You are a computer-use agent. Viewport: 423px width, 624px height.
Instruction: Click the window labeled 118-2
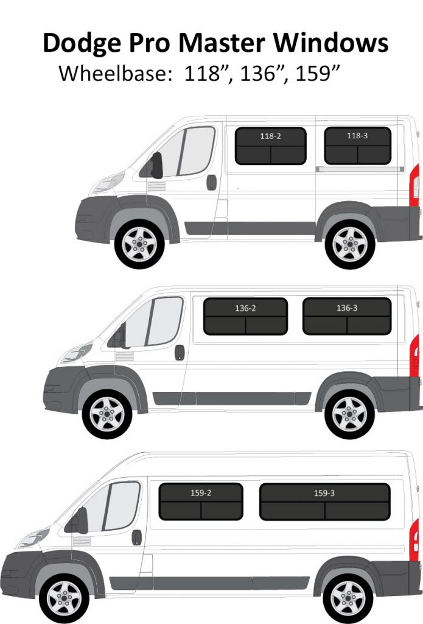click(270, 146)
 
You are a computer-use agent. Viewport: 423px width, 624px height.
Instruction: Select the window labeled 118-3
click(357, 146)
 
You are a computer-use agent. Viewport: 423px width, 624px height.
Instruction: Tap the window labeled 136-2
click(245, 316)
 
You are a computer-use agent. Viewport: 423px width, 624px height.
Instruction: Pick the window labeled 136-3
click(347, 316)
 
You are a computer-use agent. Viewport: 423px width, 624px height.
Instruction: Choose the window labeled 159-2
click(201, 502)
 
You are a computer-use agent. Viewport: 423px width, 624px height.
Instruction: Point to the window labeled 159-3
click(324, 502)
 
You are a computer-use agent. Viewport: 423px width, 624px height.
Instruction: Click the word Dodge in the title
click(82, 44)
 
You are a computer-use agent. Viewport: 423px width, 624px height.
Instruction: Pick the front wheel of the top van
click(139, 244)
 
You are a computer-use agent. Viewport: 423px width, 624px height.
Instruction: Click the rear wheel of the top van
click(350, 244)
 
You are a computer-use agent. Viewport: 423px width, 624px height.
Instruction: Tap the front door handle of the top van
click(211, 182)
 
